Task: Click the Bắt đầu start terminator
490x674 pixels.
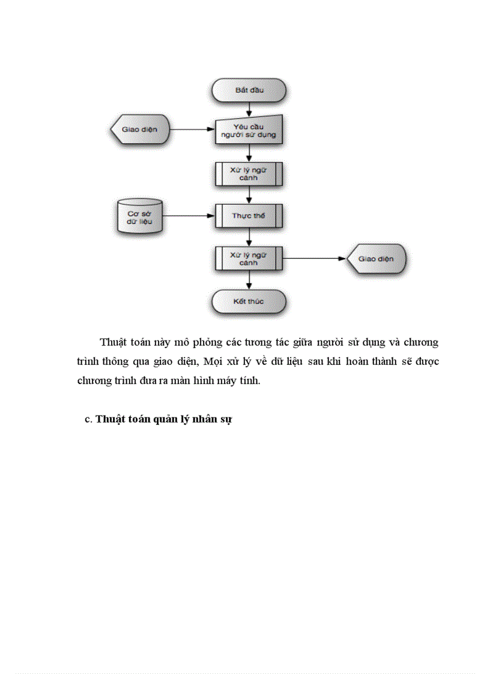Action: (249, 91)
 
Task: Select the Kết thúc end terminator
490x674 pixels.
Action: (249, 301)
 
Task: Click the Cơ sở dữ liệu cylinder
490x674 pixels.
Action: (139, 216)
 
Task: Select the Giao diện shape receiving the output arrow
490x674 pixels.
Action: (377, 259)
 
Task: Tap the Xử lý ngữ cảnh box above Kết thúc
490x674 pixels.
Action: (249, 259)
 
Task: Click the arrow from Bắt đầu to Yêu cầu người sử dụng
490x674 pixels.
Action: (249, 109)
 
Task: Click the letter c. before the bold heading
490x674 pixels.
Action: (88, 420)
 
